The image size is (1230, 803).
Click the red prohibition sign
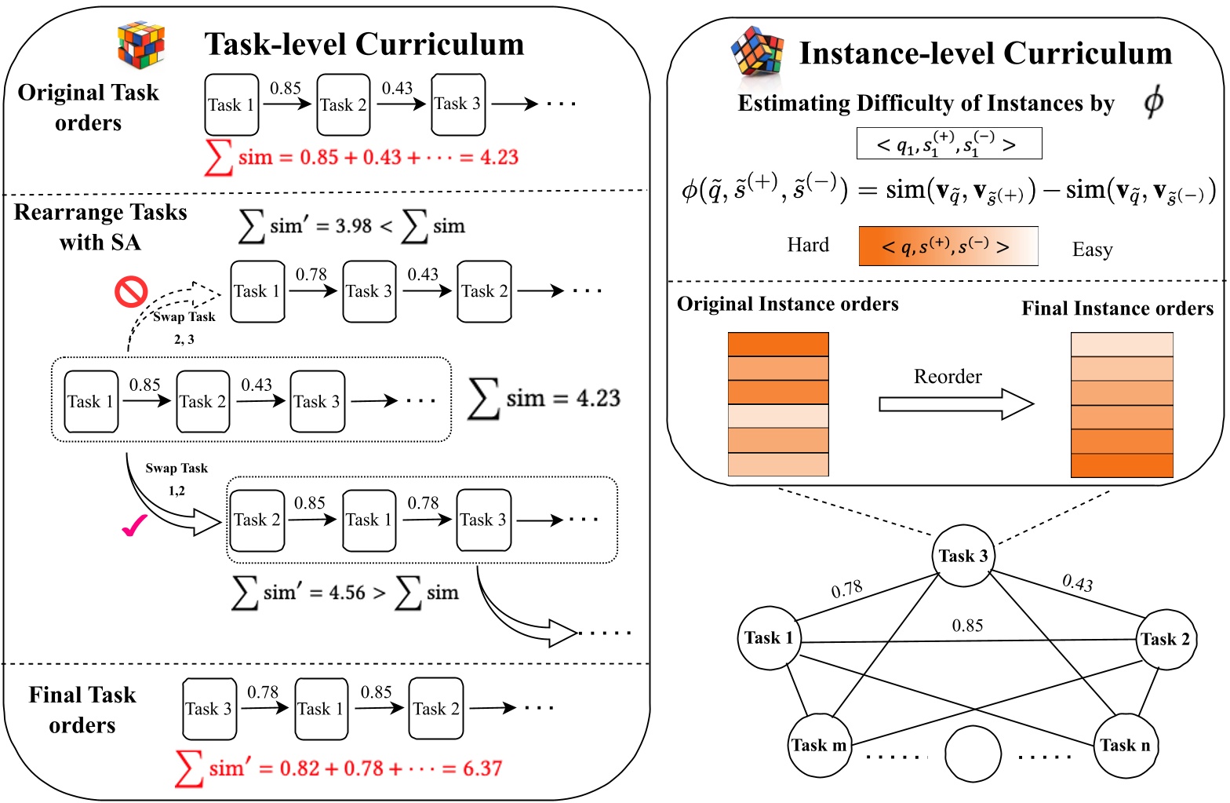(131, 291)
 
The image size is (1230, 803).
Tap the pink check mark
(135, 527)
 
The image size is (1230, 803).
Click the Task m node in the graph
(819, 746)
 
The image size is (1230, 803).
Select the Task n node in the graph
(1124, 746)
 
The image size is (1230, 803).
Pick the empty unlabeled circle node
(973, 754)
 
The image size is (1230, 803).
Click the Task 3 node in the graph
(963, 557)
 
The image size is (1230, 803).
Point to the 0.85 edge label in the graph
(967, 626)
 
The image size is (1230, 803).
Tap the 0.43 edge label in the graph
(1078, 582)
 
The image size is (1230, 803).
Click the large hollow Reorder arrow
(955, 404)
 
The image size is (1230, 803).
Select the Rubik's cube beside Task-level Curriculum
(141, 45)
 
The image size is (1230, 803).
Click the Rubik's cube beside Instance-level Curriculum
(757, 52)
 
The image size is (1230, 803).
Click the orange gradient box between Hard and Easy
(948, 246)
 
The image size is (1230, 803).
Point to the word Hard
(808, 246)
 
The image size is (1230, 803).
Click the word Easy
(1092, 250)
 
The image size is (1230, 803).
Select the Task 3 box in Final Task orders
(209, 709)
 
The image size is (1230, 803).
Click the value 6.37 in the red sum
(482, 768)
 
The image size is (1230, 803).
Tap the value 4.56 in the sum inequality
(347, 593)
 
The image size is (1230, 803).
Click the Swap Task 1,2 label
(176, 479)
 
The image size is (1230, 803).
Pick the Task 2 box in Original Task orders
(344, 104)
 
